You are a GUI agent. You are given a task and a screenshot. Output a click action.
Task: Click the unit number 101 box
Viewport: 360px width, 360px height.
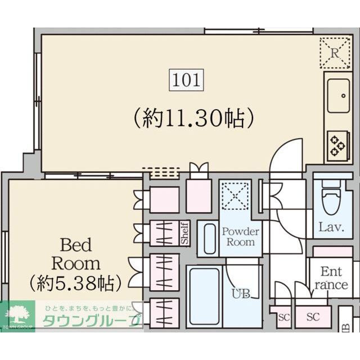(x=186, y=80)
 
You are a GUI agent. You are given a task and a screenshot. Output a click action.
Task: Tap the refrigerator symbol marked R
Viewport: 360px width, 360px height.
(x=334, y=53)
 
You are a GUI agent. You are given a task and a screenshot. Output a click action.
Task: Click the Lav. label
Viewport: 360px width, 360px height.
(x=331, y=228)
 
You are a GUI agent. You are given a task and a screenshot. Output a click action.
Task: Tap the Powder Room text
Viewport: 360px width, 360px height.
(x=241, y=236)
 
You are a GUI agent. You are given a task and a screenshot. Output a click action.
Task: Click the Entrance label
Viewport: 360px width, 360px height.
(x=331, y=278)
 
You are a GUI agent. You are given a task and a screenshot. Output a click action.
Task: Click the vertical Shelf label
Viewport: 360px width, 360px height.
(x=184, y=233)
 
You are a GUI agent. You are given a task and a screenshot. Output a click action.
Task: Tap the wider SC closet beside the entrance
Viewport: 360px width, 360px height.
(x=313, y=317)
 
